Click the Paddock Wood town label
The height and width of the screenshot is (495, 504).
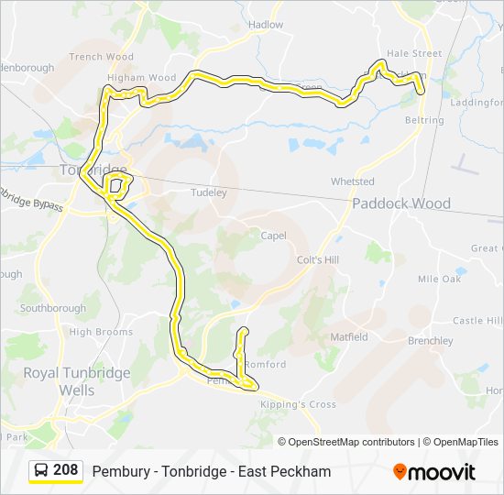tap(401, 203)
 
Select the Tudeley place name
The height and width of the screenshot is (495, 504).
tap(208, 192)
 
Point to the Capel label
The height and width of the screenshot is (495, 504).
tap(273, 236)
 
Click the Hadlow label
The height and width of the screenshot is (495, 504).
tap(266, 25)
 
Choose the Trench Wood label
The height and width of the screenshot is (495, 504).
tap(101, 57)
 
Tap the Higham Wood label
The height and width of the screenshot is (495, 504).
tap(141, 78)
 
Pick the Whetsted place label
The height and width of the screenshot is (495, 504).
tap(353, 181)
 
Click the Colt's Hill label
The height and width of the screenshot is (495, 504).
tap(318, 260)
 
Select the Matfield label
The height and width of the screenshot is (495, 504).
tap(348, 336)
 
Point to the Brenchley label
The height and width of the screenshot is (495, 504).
tap(431, 341)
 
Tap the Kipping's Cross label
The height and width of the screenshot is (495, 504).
tap(298, 404)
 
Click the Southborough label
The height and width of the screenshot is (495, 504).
tap(53, 309)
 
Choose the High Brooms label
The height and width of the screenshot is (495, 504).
tap(101, 332)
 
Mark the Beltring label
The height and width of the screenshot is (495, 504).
tap(423, 120)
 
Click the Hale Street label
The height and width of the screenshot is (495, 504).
tap(414, 54)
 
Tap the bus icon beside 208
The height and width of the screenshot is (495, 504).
tap(42, 471)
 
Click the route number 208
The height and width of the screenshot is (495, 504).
tap(66, 470)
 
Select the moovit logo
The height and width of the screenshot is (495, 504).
tap(434, 472)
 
